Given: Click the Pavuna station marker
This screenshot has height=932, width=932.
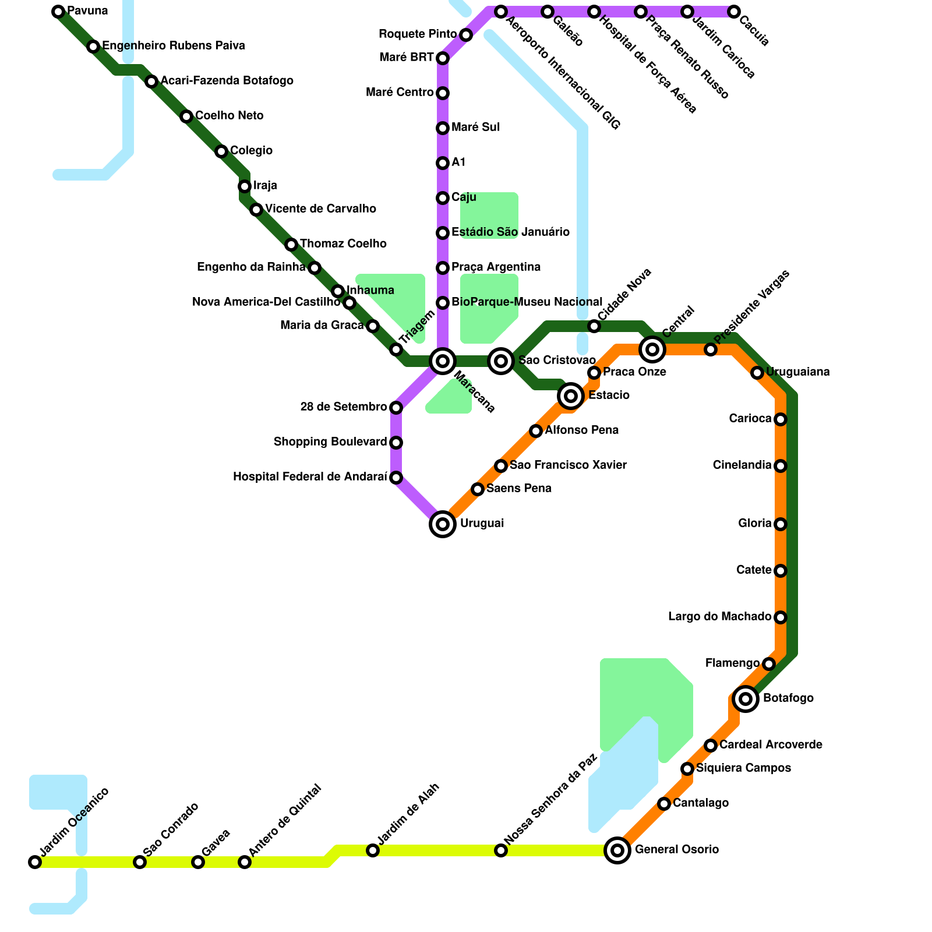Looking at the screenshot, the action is [58, 12].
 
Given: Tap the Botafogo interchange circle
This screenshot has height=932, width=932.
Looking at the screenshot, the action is [746, 699].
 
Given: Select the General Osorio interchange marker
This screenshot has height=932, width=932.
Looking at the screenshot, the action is [617, 850].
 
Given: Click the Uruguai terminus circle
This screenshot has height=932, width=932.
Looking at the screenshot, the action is [443, 524].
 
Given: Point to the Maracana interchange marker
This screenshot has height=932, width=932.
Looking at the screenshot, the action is [443, 361].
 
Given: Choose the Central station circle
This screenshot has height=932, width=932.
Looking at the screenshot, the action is [652, 349].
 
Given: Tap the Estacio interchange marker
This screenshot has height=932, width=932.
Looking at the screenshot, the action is [571, 396].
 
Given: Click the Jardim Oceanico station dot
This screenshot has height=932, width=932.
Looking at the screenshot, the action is [35, 862].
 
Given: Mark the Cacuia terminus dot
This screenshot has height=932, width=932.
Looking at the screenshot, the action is [734, 12].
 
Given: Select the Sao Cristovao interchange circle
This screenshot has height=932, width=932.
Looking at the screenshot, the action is [501, 361].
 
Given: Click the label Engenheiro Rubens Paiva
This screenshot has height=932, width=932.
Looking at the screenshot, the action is [174, 46].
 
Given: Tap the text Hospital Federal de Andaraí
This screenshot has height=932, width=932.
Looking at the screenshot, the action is [310, 477].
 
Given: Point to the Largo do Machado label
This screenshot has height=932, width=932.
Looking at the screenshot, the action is [719, 617].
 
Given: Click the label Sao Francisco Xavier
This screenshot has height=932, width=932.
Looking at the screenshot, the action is [568, 465].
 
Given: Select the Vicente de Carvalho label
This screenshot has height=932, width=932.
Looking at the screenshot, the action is [320, 209].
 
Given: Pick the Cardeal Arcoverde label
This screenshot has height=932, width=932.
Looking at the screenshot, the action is [771, 745].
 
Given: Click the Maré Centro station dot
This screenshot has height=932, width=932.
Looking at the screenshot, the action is [443, 93].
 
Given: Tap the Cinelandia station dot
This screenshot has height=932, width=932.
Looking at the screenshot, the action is [781, 466].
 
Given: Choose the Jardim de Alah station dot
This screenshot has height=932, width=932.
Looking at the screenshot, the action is [373, 850].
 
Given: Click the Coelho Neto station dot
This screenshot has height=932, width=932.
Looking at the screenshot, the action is [186, 116].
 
